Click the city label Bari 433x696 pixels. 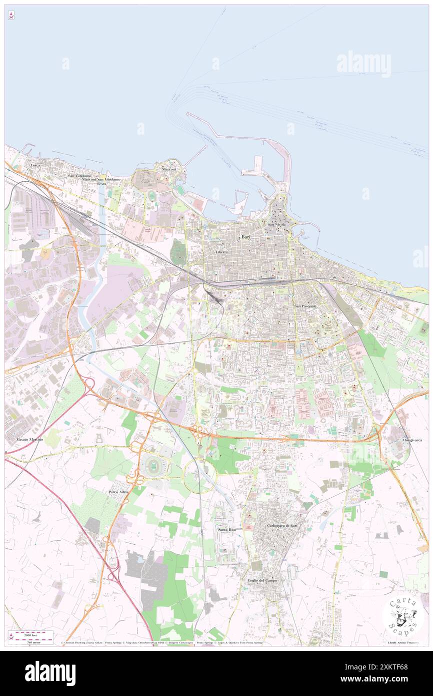tap(246, 239)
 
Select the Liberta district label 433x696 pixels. tap(221, 252)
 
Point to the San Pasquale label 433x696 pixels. tap(305, 306)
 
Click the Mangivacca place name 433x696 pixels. tap(411, 440)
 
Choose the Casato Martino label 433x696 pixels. tap(30, 439)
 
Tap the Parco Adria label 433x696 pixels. tap(118, 492)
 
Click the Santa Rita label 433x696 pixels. tap(226, 529)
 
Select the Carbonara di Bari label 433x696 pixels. tap(282, 525)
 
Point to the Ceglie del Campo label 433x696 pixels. tap(262, 580)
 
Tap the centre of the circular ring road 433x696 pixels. tap(199, 474)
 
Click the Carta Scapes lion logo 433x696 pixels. tap(403, 617)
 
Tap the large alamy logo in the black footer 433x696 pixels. tap(50, 673)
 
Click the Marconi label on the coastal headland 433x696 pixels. tap(168, 169)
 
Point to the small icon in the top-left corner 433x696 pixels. tap(11, 16)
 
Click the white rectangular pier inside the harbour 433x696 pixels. tap(258, 164)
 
